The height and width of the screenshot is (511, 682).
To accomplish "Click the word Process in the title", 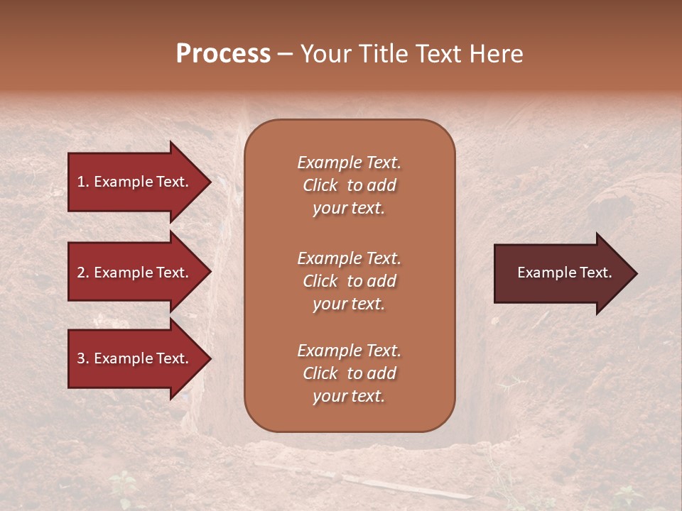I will (223, 53).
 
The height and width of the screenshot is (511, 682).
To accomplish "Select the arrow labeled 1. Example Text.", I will (135, 182).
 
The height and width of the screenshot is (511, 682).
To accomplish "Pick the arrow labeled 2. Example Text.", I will (135, 273).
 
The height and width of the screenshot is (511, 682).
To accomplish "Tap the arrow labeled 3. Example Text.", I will (135, 358).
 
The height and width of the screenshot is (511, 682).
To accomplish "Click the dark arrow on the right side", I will (561, 273).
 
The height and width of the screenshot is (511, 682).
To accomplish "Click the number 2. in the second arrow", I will (83, 273).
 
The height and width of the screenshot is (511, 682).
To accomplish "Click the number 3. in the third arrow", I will (83, 358).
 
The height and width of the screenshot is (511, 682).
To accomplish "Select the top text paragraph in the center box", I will (349, 185).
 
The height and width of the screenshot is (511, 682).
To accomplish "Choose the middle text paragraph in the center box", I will (349, 281).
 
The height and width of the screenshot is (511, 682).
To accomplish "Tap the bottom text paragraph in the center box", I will (349, 373).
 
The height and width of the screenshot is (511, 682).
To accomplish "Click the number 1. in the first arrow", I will (83, 182).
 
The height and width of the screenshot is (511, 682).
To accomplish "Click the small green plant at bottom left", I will (124, 486).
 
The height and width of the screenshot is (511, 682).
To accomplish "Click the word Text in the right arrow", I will (595, 273).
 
